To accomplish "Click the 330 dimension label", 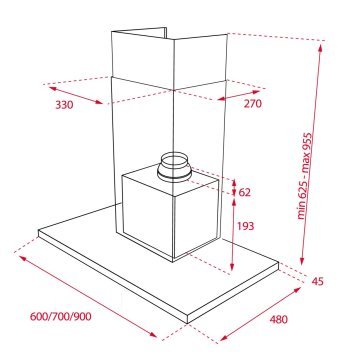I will tap(65, 103).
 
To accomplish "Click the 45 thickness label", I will tap(318, 281).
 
